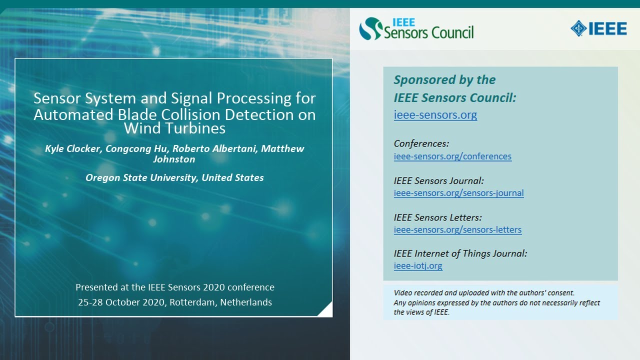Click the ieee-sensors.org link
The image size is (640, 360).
point(435,115)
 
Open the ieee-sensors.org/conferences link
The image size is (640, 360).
point(452,156)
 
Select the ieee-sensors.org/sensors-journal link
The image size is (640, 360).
point(458,193)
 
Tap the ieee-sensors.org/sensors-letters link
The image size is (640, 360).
point(457,230)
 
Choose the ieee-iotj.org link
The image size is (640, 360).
point(418,266)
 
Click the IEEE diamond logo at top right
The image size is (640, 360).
point(578,28)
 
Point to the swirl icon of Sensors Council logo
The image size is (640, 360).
point(370,28)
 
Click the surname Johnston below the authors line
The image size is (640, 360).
point(174,159)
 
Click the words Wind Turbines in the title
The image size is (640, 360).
point(174,128)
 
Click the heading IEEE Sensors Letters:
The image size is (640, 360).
point(437,217)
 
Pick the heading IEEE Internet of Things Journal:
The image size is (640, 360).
point(460,253)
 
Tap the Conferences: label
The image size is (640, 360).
point(421,143)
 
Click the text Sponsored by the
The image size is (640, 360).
point(444,80)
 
